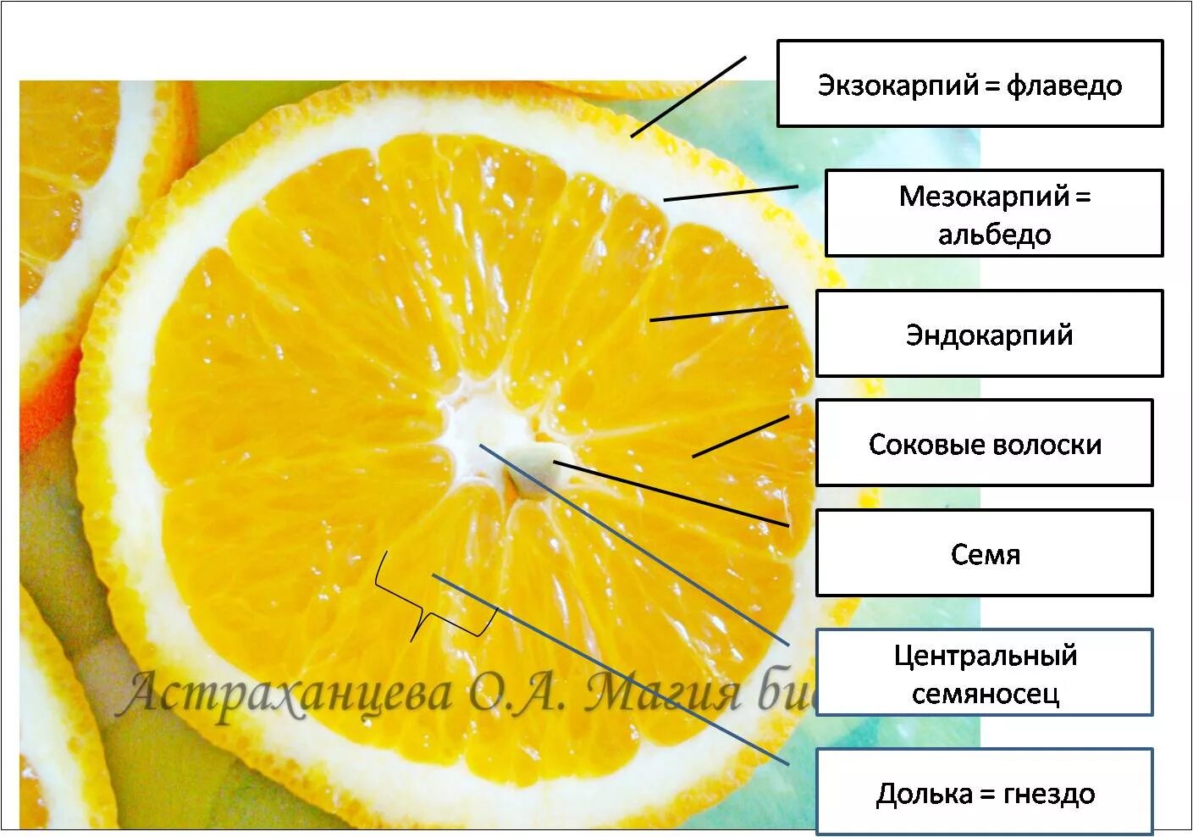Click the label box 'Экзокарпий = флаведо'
(x=969, y=84)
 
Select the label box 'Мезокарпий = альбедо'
(x=994, y=213)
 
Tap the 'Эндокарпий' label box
(x=989, y=334)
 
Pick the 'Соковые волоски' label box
(x=984, y=443)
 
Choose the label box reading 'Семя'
(x=984, y=553)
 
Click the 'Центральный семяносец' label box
(x=984, y=673)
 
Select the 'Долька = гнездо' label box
(x=984, y=792)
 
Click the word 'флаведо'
(x=1064, y=86)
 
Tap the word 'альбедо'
(x=994, y=234)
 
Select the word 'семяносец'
(x=985, y=694)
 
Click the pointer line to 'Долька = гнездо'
(x=610, y=669)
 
